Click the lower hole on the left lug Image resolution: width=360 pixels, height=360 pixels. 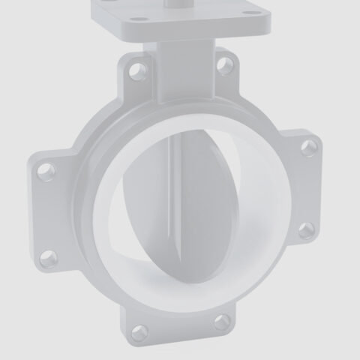pos(49,259)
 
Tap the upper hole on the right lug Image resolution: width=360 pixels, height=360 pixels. pos(308,148)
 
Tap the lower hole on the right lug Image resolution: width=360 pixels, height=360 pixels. pos(306,229)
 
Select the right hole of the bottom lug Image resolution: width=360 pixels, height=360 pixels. pos(223,322)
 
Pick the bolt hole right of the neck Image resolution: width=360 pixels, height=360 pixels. pos(223,64)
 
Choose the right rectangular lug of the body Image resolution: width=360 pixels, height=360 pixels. pos(303,187)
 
